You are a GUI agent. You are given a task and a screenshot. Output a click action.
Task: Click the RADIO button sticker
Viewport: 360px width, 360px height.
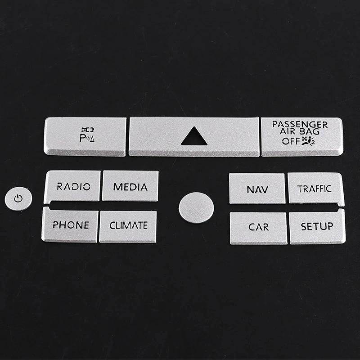(72, 186)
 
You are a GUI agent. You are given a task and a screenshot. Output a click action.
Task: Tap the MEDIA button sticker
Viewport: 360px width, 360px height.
(130, 186)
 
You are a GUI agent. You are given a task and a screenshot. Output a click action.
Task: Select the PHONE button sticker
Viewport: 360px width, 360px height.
(70, 225)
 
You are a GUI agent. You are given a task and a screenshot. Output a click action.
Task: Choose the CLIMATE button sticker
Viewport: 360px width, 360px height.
(128, 225)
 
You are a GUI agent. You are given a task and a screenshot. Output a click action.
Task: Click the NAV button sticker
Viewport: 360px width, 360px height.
(257, 189)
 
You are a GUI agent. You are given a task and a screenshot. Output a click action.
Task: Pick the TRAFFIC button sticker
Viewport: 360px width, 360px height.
(315, 189)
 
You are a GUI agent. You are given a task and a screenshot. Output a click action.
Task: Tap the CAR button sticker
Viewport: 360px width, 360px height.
(258, 227)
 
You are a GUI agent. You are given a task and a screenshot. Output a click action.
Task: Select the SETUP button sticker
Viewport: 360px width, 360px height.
(317, 226)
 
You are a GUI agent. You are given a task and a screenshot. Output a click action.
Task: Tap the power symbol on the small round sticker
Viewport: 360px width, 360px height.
(18, 198)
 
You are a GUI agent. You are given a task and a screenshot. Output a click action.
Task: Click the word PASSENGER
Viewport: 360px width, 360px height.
(300, 124)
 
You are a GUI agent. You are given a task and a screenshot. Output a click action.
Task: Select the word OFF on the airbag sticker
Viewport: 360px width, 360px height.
(290, 141)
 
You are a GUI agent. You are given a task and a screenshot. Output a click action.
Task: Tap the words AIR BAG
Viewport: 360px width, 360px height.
(300, 132)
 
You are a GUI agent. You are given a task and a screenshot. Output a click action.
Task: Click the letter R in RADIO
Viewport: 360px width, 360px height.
(59, 186)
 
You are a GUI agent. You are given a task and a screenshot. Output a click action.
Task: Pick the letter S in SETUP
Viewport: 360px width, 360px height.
(304, 226)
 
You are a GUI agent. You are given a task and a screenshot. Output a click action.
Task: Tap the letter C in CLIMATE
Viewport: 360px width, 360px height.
(112, 225)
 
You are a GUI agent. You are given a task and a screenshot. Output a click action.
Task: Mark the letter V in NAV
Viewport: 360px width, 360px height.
(265, 189)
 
